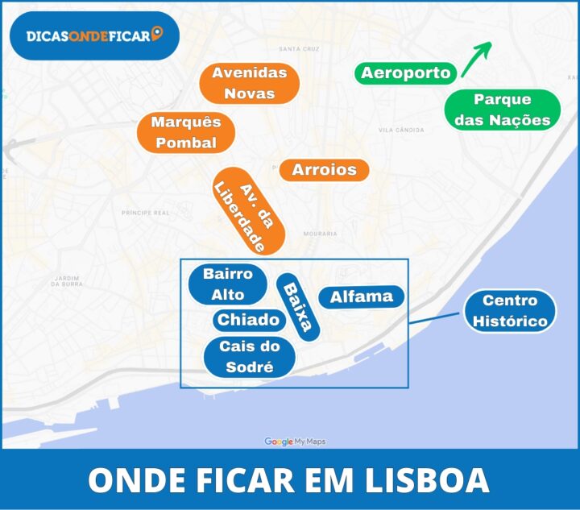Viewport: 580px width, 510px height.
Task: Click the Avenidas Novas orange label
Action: click(x=249, y=83)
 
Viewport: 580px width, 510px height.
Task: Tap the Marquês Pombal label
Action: click(x=185, y=133)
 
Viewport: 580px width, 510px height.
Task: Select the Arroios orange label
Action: click(x=324, y=170)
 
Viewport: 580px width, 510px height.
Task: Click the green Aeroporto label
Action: click(x=405, y=73)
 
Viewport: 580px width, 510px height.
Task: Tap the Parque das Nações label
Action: click(x=503, y=110)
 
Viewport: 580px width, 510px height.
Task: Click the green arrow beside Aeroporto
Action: click(x=476, y=58)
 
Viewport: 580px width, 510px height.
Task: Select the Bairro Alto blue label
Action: click(x=228, y=284)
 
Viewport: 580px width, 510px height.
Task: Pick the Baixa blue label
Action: click(x=298, y=308)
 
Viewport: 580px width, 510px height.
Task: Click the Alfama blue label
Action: click(x=361, y=296)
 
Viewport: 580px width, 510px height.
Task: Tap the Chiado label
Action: click(x=249, y=320)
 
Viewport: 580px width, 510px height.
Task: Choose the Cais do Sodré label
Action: click(x=249, y=357)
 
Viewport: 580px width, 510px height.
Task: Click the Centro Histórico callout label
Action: click(x=510, y=311)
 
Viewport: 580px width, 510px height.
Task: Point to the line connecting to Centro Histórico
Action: click(x=436, y=317)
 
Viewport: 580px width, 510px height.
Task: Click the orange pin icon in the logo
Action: click(x=156, y=34)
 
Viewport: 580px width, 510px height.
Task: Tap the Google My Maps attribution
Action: click(x=295, y=442)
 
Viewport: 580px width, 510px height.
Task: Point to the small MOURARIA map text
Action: click(x=320, y=234)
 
